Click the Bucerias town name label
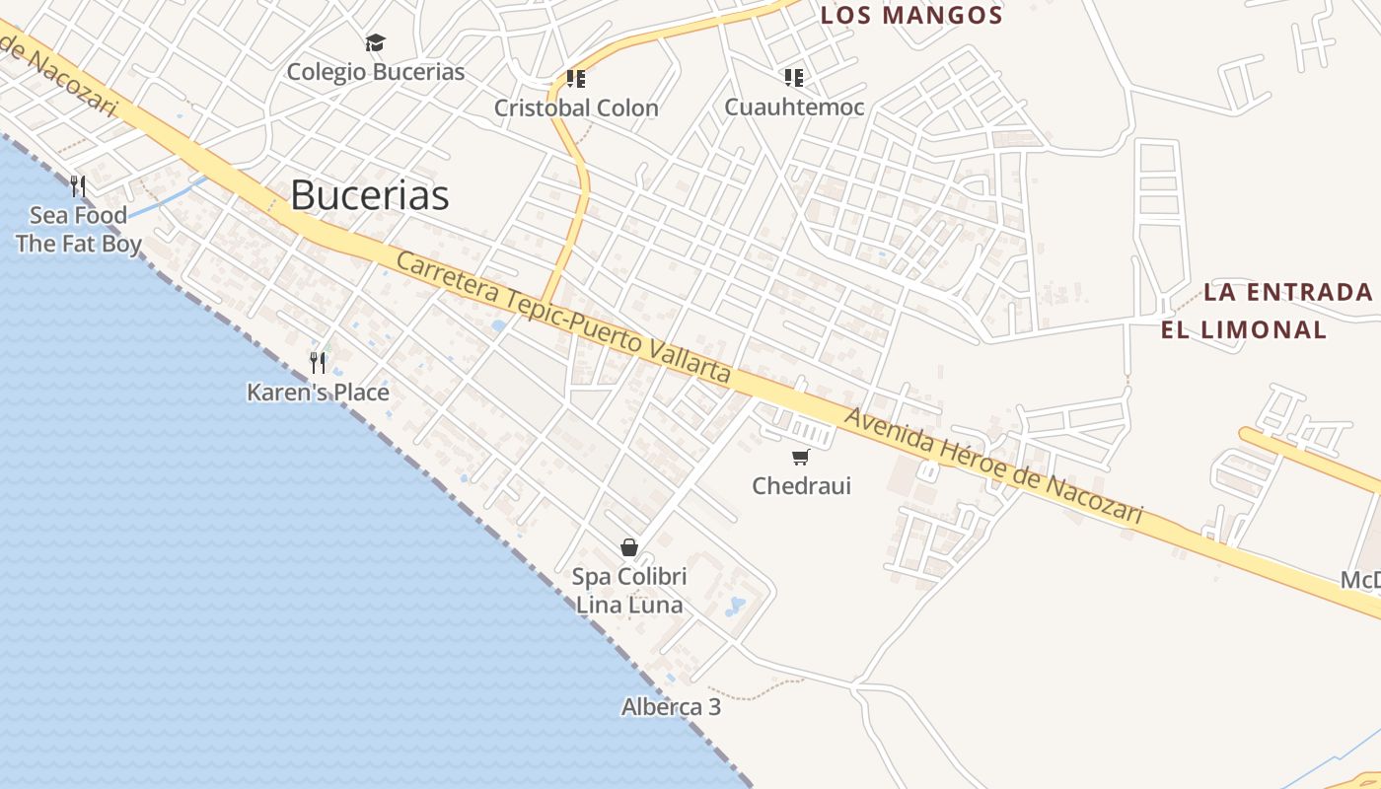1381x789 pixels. tap(369, 195)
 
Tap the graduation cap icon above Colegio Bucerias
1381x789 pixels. tap(375, 42)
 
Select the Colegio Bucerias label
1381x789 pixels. tap(375, 72)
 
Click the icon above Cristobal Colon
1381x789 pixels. tap(576, 78)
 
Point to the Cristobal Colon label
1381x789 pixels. tap(576, 108)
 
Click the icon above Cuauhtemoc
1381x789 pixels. tap(794, 77)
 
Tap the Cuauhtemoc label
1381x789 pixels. tap(794, 107)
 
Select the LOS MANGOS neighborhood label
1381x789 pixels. tap(911, 16)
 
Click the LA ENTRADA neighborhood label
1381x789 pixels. tap(1288, 292)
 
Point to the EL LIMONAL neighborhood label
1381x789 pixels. tap(1244, 329)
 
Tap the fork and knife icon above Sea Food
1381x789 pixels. tap(78, 185)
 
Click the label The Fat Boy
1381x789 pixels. tap(79, 244)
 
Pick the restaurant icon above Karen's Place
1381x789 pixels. tap(318, 363)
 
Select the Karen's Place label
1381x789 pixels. tap(318, 393)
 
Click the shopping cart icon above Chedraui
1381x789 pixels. tap(801, 457)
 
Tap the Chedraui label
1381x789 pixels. tap(801, 485)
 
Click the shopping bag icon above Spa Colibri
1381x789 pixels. tap(629, 547)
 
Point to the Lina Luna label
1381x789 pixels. tap(629, 605)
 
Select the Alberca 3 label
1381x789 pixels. tap(671, 707)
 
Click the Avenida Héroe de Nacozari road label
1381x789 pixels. tap(994, 466)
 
